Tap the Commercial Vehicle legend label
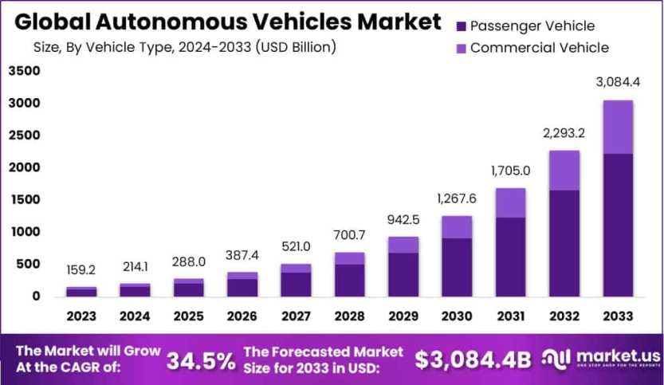(x=539, y=48)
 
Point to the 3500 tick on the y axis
(x=24, y=71)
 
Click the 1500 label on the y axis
(x=24, y=199)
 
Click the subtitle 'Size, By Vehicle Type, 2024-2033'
(x=184, y=47)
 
